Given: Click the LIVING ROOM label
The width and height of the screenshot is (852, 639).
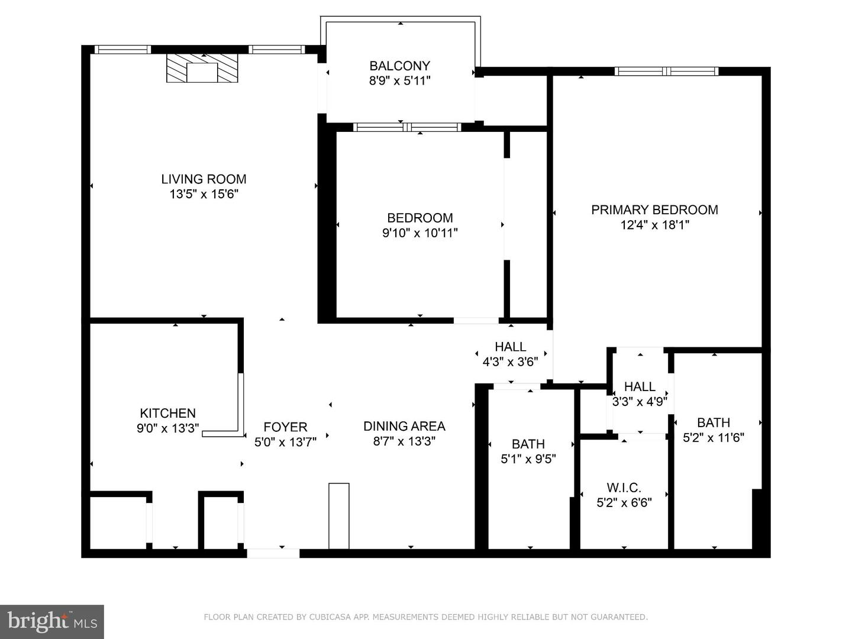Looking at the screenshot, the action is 204,179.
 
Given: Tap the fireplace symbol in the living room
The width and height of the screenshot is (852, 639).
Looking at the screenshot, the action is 202,68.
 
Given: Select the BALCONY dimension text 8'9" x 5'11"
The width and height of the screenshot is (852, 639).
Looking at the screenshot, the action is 400,80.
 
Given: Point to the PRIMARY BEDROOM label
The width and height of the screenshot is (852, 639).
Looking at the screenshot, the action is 654,210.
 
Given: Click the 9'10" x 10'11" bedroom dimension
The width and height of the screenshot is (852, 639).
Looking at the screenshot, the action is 420,233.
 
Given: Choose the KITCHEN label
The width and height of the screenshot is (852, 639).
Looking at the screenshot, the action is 167,413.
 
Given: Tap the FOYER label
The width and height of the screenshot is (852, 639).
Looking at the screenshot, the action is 285,427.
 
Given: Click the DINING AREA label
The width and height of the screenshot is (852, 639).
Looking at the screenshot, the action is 404,426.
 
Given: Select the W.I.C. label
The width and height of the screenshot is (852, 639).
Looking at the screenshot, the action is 624,488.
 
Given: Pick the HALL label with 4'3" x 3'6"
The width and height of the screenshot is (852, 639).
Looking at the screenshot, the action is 511,347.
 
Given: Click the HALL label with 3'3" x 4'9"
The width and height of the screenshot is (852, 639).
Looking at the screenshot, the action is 640,386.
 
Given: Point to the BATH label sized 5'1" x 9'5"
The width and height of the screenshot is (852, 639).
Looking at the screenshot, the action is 528,444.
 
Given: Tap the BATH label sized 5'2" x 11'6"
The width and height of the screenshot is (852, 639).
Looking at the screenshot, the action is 714,422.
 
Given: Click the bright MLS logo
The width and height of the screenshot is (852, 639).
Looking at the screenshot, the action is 52,622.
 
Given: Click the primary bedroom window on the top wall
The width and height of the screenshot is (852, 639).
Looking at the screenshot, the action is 666,72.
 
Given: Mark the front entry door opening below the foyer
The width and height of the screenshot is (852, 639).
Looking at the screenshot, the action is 273,553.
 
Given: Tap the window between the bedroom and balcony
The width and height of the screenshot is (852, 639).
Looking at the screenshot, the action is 407,127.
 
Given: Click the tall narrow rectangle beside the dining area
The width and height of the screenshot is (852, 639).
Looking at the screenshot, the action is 339,515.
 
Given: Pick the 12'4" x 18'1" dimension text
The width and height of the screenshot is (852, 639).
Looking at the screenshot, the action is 654,225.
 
